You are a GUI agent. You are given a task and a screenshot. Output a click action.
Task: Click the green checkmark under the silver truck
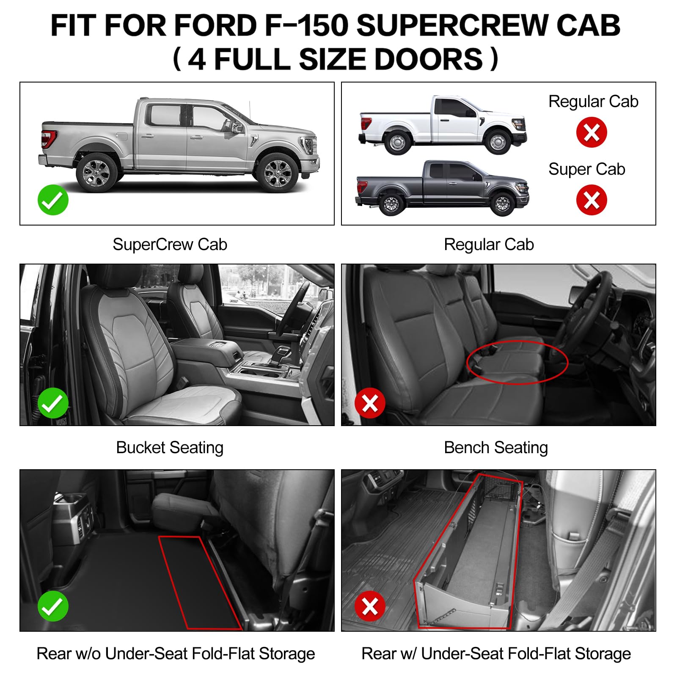pyautogui.click(x=53, y=200)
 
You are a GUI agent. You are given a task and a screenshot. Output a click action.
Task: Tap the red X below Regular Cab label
pyautogui.click(x=591, y=132)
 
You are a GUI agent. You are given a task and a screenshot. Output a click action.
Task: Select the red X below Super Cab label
pyautogui.click(x=591, y=200)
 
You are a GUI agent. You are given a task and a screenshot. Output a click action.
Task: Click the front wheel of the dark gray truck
pyautogui.click(x=503, y=204)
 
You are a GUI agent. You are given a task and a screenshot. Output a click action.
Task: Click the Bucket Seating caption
pyautogui.click(x=170, y=448)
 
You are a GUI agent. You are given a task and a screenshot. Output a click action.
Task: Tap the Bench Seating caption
pyautogui.click(x=495, y=448)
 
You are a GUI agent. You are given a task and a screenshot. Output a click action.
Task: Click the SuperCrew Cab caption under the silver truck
pyautogui.click(x=170, y=245)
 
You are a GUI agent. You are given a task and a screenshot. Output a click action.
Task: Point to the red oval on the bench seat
pyautogui.click(x=517, y=362)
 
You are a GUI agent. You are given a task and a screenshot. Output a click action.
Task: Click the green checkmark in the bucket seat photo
pyautogui.click(x=53, y=403)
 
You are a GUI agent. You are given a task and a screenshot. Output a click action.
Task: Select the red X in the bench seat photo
pyautogui.click(x=370, y=403)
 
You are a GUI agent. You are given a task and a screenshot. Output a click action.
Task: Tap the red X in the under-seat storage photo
pyautogui.click(x=370, y=606)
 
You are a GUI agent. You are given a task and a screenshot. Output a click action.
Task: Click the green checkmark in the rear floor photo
pyautogui.click(x=53, y=606)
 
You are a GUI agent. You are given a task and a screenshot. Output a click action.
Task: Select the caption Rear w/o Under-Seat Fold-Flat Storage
pyautogui.click(x=176, y=654)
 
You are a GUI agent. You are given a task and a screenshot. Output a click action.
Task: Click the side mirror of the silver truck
pyautogui.click(x=237, y=127)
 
